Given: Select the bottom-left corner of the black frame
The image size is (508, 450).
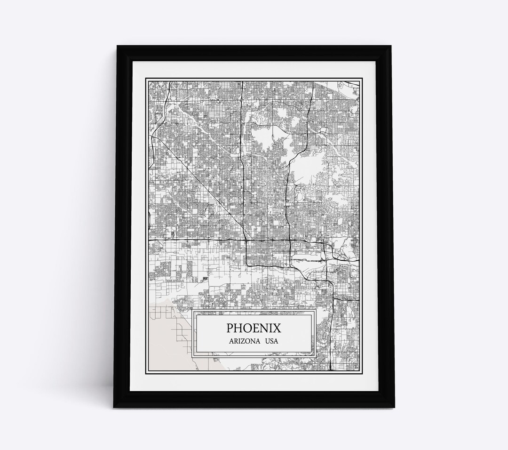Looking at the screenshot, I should (x=114, y=408).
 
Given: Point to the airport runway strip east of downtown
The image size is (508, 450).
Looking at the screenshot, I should (x=308, y=259).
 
